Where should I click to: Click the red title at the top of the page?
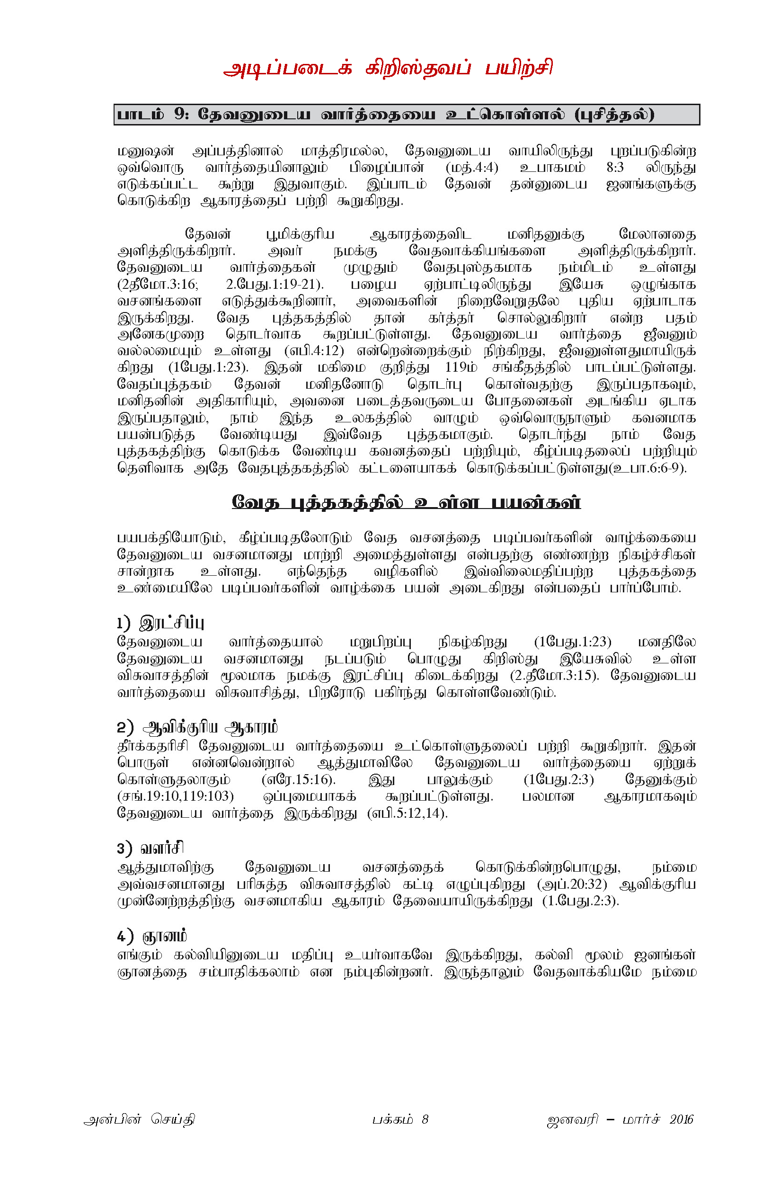click(x=388, y=69)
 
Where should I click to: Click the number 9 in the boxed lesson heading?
click(x=180, y=115)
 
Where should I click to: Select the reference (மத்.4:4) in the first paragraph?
click(x=471, y=168)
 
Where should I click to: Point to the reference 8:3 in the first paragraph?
click(x=615, y=168)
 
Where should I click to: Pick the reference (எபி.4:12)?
click(x=314, y=351)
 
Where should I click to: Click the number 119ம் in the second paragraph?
click(x=461, y=368)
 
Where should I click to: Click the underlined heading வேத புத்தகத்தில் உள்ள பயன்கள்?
click(x=406, y=503)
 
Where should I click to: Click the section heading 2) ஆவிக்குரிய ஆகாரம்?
click(x=197, y=728)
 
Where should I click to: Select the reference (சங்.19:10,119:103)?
click(x=176, y=796)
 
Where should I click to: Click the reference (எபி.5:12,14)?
click(x=407, y=813)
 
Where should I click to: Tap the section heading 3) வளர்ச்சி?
click(x=150, y=848)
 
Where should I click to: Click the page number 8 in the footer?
click(x=425, y=1120)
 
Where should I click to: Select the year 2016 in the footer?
click(x=681, y=1120)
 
